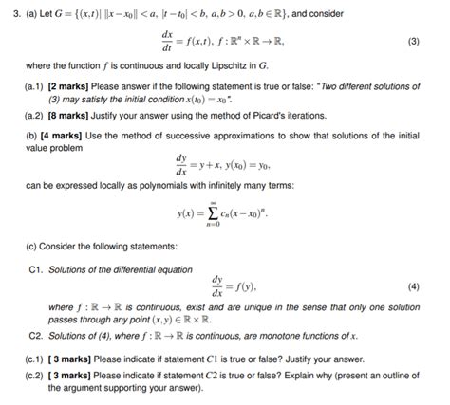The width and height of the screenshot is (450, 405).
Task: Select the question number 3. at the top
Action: (x=9, y=10)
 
